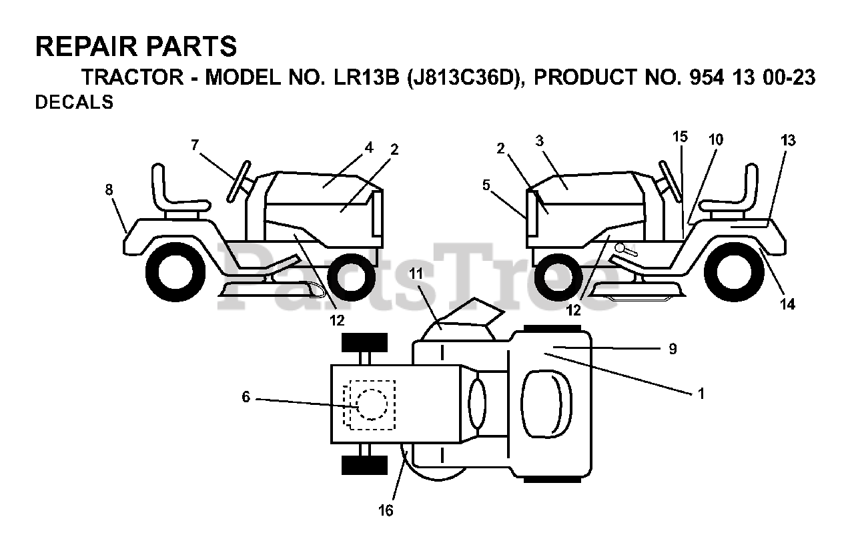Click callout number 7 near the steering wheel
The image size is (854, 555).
(194, 145)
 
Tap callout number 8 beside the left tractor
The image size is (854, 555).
(109, 189)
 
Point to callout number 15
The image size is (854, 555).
(679, 137)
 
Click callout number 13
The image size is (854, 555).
(788, 140)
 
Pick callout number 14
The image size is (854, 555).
(788, 304)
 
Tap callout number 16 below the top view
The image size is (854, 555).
(386, 511)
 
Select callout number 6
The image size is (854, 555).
(246, 398)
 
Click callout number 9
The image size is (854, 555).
(673, 348)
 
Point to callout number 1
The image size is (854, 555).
(701, 393)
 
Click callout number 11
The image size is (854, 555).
(416, 273)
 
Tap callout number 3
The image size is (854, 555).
(540, 141)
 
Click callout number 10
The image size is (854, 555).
(715, 139)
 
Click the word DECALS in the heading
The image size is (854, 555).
(73, 103)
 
